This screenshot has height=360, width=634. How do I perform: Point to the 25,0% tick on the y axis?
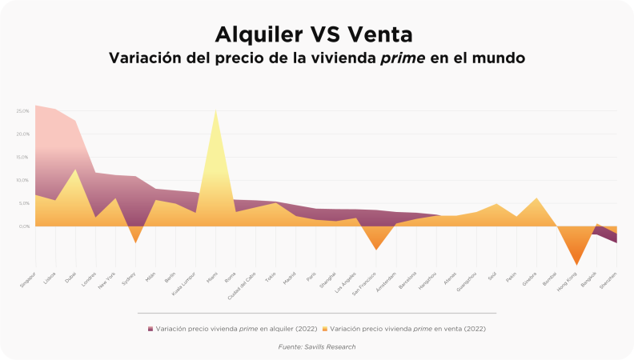(x=23, y=110)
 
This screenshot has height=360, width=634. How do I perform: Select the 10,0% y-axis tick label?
(x=23, y=180)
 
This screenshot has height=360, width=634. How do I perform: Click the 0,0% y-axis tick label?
(x=24, y=226)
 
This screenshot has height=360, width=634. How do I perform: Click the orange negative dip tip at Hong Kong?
(x=576, y=264)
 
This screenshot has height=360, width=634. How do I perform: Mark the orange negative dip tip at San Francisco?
(x=375, y=250)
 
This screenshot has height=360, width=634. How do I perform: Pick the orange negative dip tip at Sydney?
(x=135, y=242)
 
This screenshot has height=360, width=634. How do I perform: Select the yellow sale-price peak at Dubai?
(x=75, y=170)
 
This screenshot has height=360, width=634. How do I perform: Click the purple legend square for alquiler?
(x=150, y=329)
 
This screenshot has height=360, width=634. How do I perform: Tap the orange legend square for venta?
(x=326, y=329)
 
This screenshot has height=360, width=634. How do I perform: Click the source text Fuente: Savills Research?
(x=316, y=346)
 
